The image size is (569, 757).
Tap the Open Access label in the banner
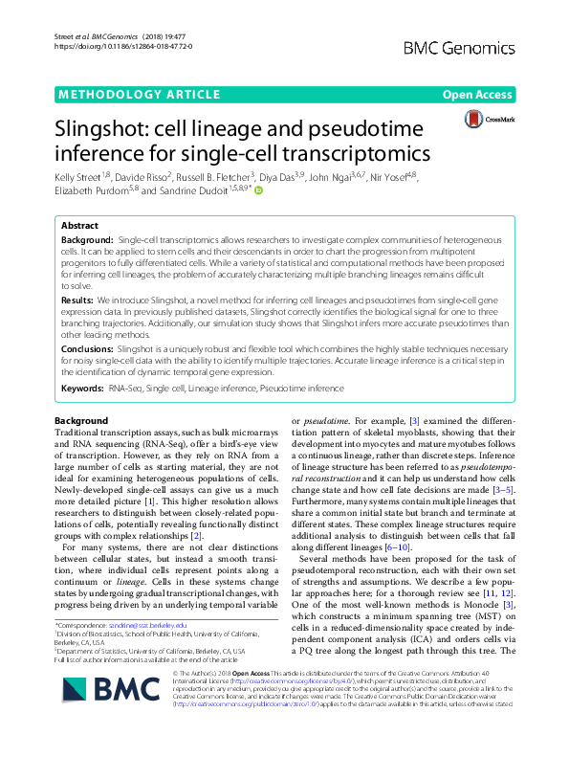click(478, 95)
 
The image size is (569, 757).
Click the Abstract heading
click(81, 226)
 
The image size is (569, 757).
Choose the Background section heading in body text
click(81, 421)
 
